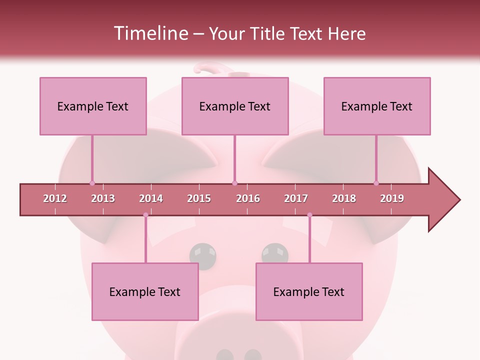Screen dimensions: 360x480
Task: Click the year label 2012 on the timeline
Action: [55, 198]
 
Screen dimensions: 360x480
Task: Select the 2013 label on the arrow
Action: [103, 198]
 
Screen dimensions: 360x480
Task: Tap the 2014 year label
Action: [151, 198]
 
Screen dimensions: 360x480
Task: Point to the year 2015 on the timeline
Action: [199, 198]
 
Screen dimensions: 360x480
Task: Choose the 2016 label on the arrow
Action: [248, 198]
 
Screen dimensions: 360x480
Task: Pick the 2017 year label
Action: [296, 198]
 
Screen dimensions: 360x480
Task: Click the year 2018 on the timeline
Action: [344, 198]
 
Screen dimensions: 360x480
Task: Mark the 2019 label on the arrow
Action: [392, 198]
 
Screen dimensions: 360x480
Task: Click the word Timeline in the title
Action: [149, 33]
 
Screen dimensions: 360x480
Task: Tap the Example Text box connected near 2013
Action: [93, 106]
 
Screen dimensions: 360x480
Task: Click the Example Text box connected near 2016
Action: [235, 106]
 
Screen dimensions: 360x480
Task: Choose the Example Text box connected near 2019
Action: [377, 106]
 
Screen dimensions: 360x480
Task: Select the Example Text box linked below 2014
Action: [145, 291]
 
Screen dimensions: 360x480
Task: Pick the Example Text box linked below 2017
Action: [309, 291]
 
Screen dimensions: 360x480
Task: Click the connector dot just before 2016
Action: [234, 183]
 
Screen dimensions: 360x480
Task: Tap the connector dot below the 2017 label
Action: [309, 215]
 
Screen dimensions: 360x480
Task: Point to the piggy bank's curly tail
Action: [205, 67]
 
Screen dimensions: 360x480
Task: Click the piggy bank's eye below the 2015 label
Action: [203, 255]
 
